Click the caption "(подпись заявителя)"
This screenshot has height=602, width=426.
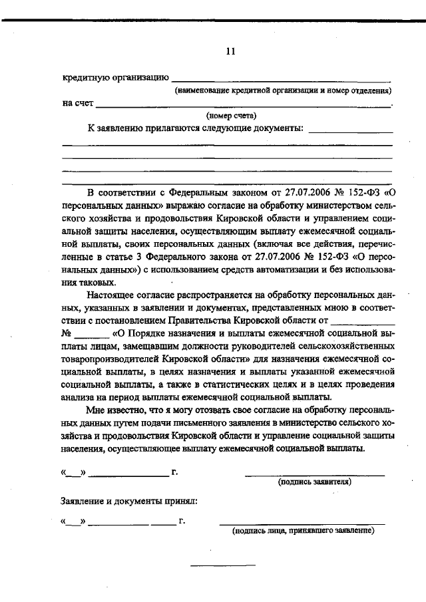tap(315, 482)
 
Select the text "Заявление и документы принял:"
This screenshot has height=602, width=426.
tap(128, 500)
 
